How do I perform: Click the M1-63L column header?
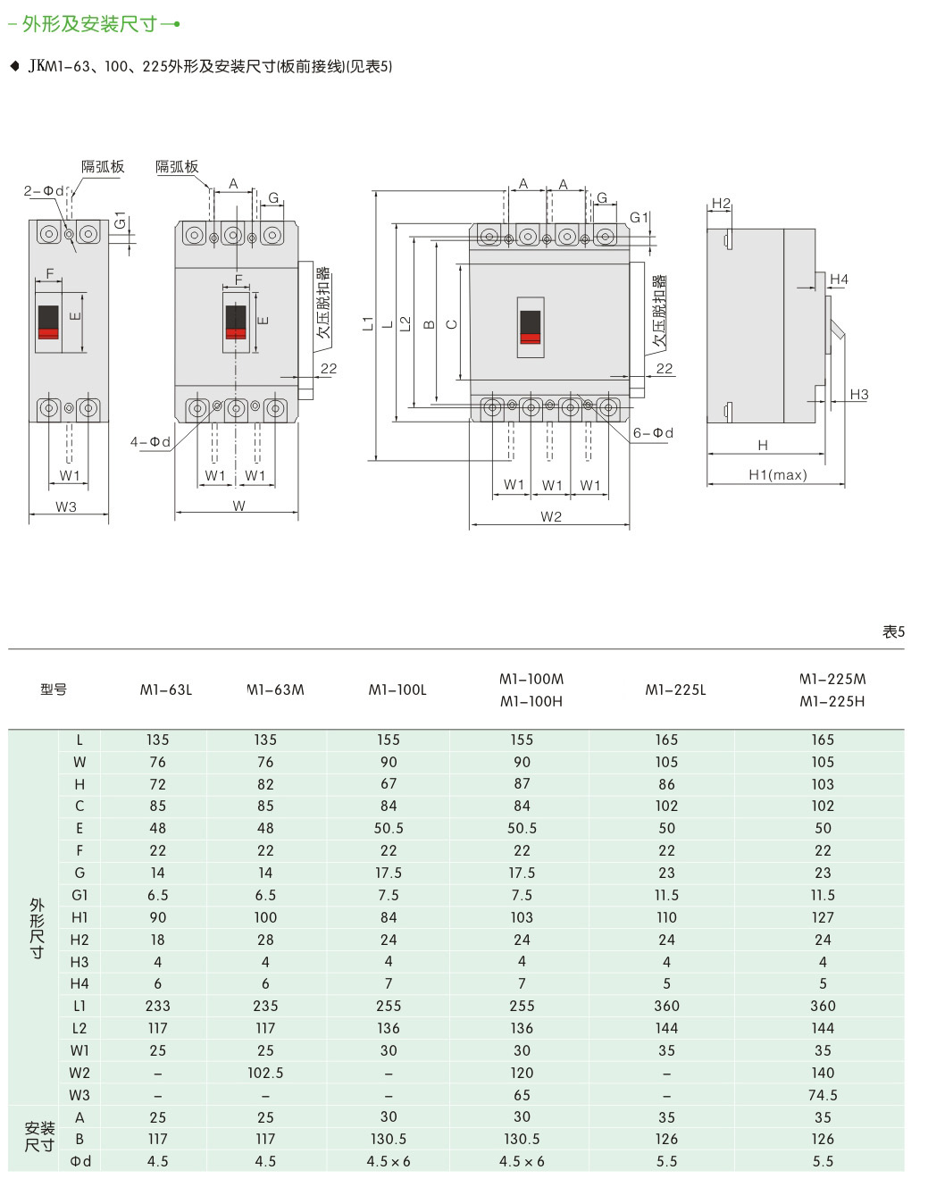tap(166, 690)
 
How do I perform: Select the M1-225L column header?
tap(675, 690)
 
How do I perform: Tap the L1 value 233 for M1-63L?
tap(158, 1006)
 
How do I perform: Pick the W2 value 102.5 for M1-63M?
tap(265, 1073)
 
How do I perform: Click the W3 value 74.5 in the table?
tap(823, 1095)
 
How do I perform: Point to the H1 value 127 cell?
tap(823, 917)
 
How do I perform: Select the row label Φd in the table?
tap(79, 1161)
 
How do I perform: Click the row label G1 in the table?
tap(79, 895)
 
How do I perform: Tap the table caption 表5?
tap(893, 631)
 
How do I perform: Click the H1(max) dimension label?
tap(777, 475)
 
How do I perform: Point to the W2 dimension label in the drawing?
tap(551, 517)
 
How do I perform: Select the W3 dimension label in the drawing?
tap(66, 506)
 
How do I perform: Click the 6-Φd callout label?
tap(653, 433)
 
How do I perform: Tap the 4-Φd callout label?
tap(150, 442)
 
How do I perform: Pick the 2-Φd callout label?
tap(44, 191)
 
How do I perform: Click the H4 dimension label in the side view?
tap(839, 280)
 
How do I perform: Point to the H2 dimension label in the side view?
tap(721, 204)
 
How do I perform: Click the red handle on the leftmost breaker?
tap(48, 332)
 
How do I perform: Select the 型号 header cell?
tap(54, 690)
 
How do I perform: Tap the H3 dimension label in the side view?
tap(858, 394)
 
